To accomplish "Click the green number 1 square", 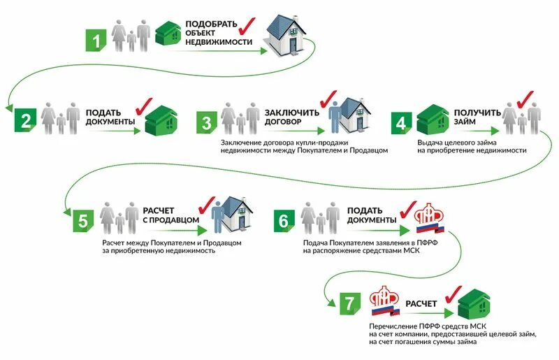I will click(x=96, y=39).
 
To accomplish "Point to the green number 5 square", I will click(x=82, y=219).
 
